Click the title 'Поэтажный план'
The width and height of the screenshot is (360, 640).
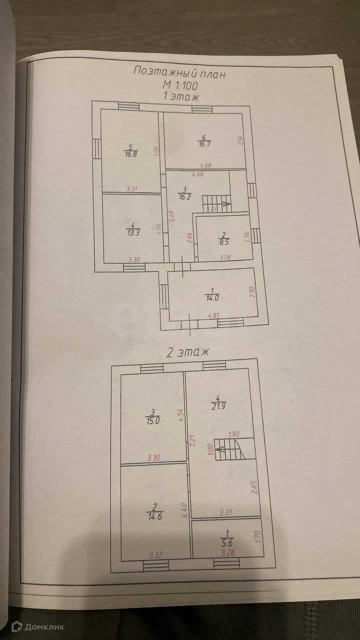pos(179,72)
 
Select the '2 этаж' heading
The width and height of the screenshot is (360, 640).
pos(187,352)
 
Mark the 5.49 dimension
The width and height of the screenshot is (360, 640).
pos(170,215)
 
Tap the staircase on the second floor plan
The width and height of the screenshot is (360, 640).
pos(229,448)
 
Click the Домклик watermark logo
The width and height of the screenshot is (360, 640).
pos(37,626)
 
